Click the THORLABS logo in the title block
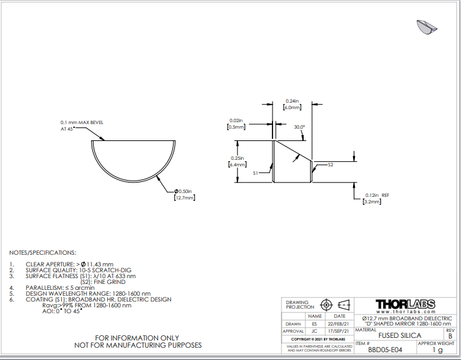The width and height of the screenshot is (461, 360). click(x=406, y=304)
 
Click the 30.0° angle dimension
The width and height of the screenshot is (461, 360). click(x=299, y=127)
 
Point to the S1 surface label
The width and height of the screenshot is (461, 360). click(x=257, y=174)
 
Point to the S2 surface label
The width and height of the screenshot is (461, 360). click(x=330, y=165)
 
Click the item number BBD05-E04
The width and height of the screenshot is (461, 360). click(x=380, y=349)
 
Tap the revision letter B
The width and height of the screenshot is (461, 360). click(x=450, y=335)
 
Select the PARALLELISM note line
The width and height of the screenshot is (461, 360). click(x=57, y=287)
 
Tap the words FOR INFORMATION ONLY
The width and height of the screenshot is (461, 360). click(x=137, y=338)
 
